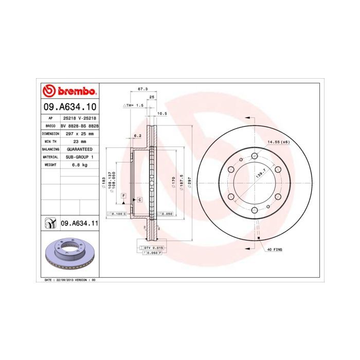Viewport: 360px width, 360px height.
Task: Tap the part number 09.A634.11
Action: tap(79, 223)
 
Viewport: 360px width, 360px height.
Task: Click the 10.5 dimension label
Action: tap(161, 113)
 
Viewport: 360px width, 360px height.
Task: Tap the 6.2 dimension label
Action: tap(137, 136)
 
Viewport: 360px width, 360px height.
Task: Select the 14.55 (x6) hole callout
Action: tap(278, 141)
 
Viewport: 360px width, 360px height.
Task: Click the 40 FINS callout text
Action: tap(274, 249)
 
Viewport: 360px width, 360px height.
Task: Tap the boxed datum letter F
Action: tap(123, 196)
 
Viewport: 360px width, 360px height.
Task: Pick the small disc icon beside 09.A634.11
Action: tap(50, 223)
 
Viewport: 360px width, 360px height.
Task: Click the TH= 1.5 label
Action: tap(135, 105)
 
